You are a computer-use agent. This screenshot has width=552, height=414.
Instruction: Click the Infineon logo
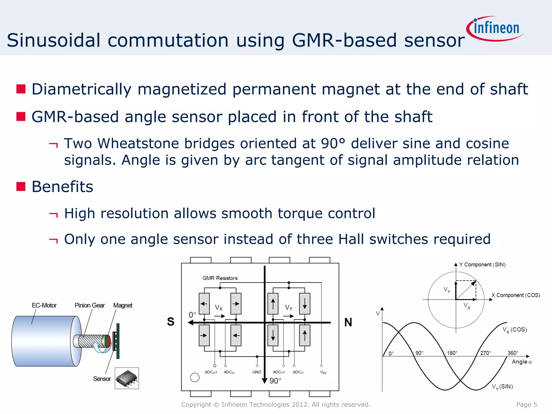[495, 29]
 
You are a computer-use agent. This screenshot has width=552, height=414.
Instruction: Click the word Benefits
[62, 187]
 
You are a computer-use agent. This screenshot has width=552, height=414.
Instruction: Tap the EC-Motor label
[44, 305]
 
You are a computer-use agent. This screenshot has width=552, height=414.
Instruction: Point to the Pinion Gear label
[89, 305]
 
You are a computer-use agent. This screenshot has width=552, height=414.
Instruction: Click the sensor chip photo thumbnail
[127, 378]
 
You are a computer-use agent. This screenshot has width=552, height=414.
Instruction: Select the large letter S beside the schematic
[171, 322]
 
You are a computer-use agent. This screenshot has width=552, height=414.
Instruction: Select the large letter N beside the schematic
[348, 322]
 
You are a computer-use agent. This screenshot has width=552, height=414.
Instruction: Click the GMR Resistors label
[220, 278]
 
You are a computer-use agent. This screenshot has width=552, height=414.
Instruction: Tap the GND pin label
[257, 372]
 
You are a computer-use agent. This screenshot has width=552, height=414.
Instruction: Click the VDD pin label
[323, 372]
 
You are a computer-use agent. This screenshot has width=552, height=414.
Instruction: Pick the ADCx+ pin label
[211, 372]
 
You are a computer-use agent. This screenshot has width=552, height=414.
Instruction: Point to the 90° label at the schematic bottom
[275, 381]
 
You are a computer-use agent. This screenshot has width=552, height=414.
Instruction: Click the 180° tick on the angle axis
[452, 353]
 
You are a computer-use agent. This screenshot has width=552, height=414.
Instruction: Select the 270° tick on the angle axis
[485, 353]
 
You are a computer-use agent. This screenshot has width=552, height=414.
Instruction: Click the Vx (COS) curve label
[515, 330]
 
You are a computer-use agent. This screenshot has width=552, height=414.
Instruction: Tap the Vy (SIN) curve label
[502, 387]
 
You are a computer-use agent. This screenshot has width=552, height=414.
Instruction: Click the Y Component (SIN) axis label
[482, 265]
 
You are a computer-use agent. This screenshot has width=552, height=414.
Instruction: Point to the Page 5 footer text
[526, 405]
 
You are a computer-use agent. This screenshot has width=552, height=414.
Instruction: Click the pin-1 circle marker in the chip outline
[195, 377]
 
